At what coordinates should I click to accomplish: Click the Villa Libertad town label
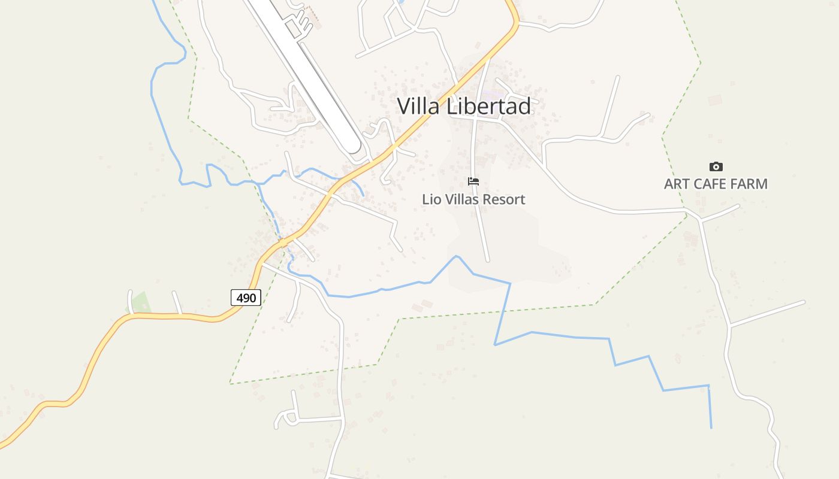(x=464, y=107)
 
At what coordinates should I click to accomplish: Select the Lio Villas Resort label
(x=473, y=199)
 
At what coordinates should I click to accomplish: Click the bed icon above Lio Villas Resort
(x=473, y=181)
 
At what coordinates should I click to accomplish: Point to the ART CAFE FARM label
(x=716, y=184)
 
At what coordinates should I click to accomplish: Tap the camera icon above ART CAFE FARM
(x=716, y=167)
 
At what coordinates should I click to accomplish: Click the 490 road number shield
(x=246, y=298)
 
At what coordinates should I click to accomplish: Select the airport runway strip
(x=306, y=72)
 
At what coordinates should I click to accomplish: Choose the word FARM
(x=749, y=184)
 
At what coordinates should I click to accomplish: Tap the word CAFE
(x=710, y=184)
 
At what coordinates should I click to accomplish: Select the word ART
(x=677, y=184)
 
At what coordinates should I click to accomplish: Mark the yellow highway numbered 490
(x=180, y=316)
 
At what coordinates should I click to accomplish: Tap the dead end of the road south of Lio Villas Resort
(x=487, y=260)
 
